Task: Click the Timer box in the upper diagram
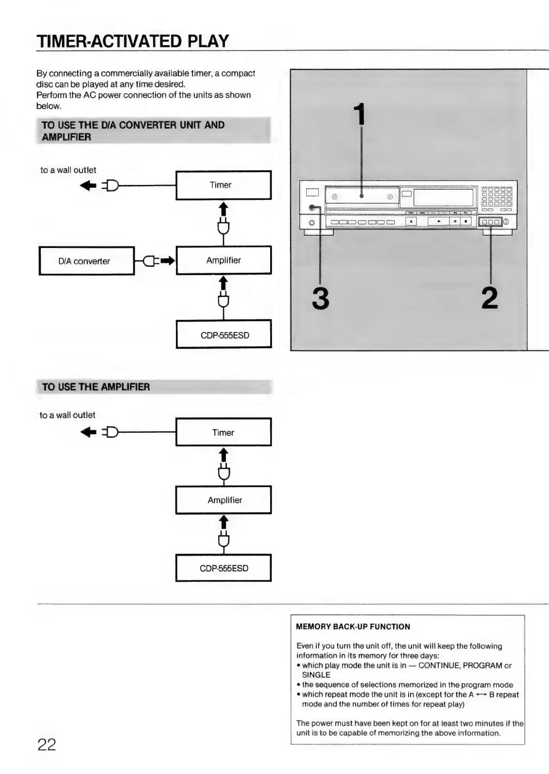tap(223, 185)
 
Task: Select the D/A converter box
tap(86, 261)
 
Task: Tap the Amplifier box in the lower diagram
tap(223, 500)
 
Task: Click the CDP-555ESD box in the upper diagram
tap(223, 335)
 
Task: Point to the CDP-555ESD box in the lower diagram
tap(223, 568)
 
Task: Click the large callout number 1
tap(360, 115)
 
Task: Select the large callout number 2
tap(490, 298)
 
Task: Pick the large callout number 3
tap(321, 298)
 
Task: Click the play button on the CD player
tap(439, 222)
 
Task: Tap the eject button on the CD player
tap(411, 222)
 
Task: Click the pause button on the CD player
tap(455, 222)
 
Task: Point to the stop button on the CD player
tap(466, 222)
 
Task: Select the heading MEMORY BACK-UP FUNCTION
tap(353, 626)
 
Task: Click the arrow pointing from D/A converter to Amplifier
tap(167, 261)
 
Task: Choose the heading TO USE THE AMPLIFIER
tap(96, 387)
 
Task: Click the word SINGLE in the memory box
tap(316, 675)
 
